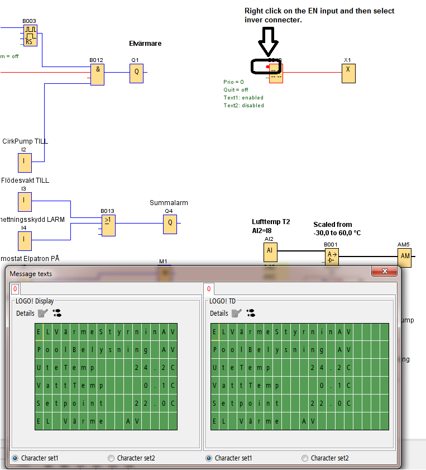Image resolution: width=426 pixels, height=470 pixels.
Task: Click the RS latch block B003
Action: click(x=30, y=36)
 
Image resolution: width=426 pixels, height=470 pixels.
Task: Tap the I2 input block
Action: click(x=25, y=163)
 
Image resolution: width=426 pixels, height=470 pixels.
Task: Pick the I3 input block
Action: click(x=25, y=202)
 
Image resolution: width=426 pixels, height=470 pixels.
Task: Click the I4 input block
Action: click(x=25, y=241)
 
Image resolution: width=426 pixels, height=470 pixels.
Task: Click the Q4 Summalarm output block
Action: click(x=170, y=224)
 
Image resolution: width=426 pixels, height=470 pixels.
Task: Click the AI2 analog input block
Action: click(x=270, y=252)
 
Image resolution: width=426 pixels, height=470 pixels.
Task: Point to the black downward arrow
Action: click(x=269, y=42)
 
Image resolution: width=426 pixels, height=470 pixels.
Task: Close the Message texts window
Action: click(x=385, y=272)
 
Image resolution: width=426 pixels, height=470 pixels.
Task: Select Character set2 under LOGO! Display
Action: click(x=111, y=458)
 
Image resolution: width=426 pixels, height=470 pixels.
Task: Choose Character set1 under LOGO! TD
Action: click(x=209, y=458)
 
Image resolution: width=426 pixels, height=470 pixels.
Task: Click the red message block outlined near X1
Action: click(x=276, y=73)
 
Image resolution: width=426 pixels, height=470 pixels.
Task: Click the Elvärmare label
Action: click(x=145, y=44)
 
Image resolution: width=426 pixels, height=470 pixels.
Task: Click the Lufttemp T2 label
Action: click(x=271, y=222)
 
